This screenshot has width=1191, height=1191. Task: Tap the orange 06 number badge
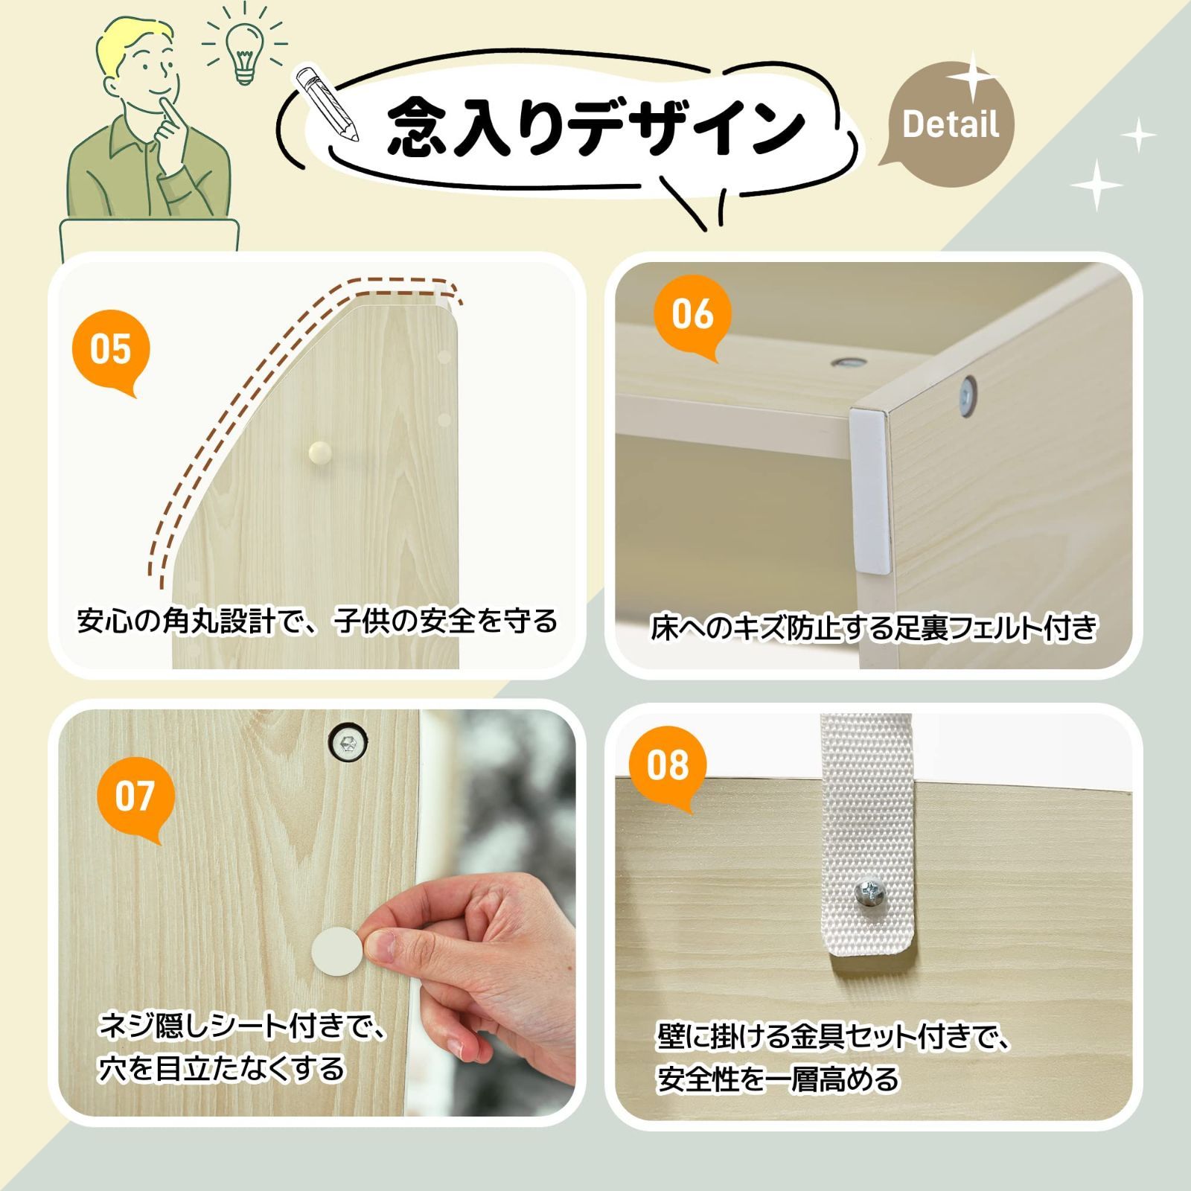click(692, 313)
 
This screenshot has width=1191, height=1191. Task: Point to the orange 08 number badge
click(667, 765)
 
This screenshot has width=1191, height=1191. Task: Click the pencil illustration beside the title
click(326, 103)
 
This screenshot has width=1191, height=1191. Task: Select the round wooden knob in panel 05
click(320, 451)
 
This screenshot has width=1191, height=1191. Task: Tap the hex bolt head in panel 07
click(348, 741)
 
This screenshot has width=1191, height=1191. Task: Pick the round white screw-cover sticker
click(336, 949)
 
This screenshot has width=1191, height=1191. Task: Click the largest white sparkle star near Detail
click(972, 77)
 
